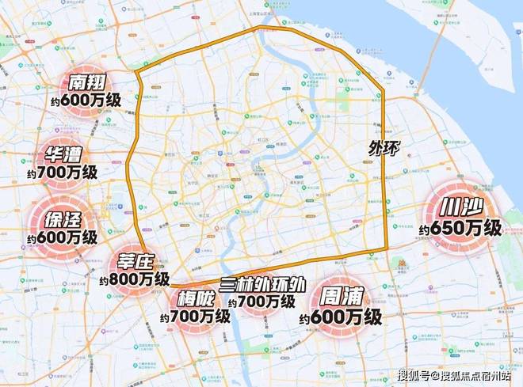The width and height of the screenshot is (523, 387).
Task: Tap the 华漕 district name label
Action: tap(67, 154)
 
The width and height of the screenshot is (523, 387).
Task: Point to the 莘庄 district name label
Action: tap(139, 262)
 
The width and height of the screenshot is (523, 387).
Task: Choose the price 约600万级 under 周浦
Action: tap(341, 317)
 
